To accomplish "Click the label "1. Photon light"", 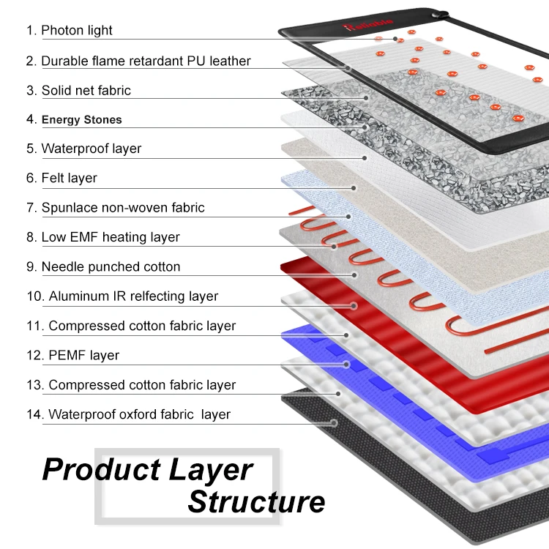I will coord(70,31).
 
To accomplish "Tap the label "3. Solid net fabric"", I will coord(78,91).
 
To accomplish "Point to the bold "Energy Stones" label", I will coord(74,120).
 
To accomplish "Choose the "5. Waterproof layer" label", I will coord(83,149).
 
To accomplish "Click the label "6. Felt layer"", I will coord(61,178).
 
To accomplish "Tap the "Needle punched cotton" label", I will coord(102,267).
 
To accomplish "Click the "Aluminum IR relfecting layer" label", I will coord(122,296).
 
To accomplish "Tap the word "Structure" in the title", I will coord(256,502).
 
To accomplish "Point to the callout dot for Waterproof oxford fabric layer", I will coord(335,422).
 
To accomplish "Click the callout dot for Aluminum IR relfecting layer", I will coord(354,305).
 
